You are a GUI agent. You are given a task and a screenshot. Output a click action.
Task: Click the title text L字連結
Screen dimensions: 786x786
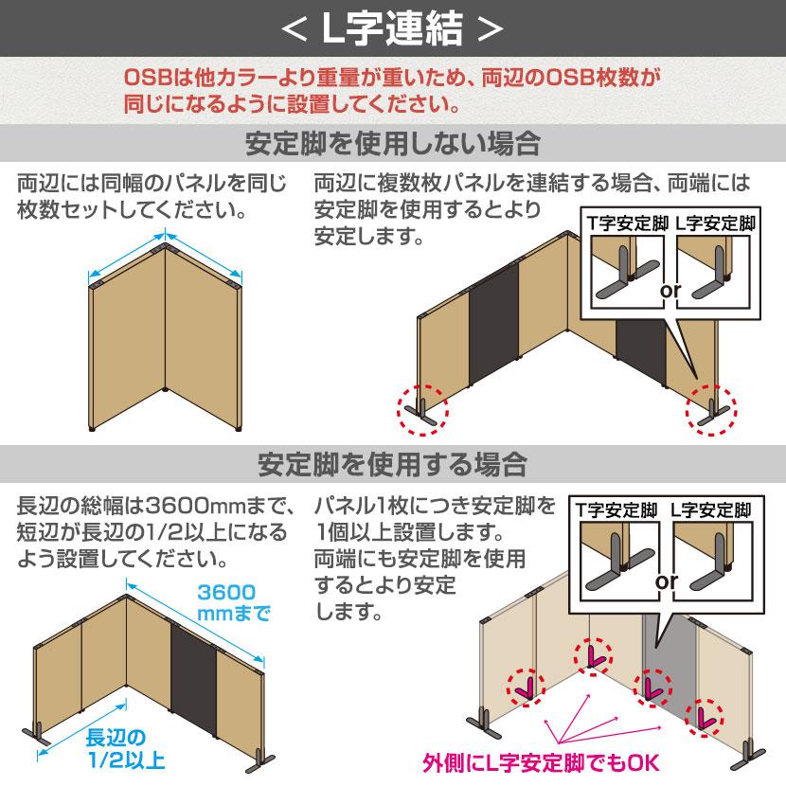tap(392, 29)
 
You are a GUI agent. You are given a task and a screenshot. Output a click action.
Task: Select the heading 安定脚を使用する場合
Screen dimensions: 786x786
tap(392, 465)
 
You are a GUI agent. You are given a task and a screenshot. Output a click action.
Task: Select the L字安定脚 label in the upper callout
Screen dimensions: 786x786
tap(715, 224)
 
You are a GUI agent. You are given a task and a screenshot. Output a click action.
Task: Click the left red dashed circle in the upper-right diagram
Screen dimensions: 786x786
tap(421, 408)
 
